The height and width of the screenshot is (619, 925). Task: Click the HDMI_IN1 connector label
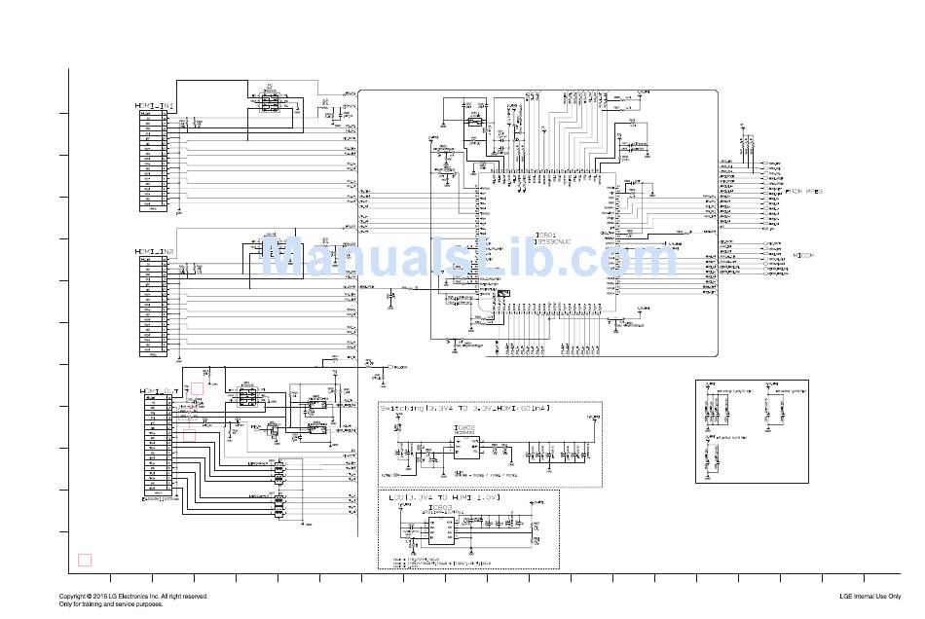click(154, 105)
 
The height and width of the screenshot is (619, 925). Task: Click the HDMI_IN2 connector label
click(154, 251)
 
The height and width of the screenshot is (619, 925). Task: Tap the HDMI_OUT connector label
click(156, 391)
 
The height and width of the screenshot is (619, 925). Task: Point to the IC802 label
click(465, 428)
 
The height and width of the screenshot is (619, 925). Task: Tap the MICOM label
click(804, 255)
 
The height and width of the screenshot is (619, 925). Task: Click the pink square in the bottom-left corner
click(85, 560)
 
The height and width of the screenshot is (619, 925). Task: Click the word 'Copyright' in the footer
click(74, 596)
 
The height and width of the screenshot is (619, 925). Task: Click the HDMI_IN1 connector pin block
click(152, 161)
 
